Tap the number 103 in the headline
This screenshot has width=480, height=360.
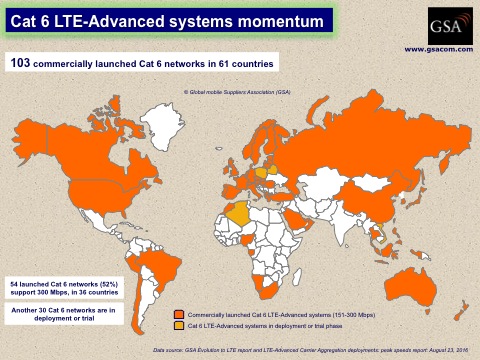tap(20, 63)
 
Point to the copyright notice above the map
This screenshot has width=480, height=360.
tap(237, 92)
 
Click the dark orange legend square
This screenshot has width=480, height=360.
tap(177, 315)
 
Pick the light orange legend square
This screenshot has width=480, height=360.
tap(177, 326)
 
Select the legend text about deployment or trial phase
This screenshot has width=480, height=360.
tap(254, 326)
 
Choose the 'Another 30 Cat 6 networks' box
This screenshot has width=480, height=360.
tap(59, 314)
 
